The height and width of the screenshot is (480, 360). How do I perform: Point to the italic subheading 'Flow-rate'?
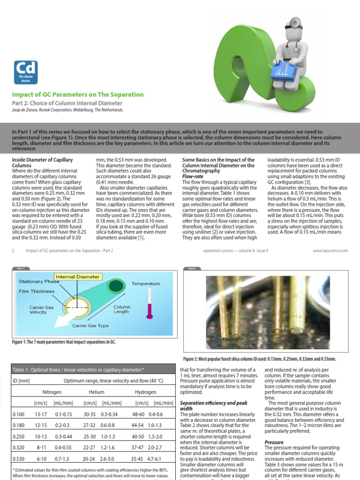pyautogui.click(x=192, y=177)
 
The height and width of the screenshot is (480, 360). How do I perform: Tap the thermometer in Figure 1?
pyautogui.click(x=150, y=305)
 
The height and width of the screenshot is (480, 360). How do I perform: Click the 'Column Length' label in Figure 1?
pyautogui.click(x=122, y=309)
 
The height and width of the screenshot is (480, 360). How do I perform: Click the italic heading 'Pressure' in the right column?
pyautogui.click(x=274, y=442)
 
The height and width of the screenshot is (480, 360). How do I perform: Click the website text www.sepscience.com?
pyautogui.click(x=331, y=251)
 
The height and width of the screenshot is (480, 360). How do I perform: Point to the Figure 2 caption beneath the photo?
pyautogui.click(x=265, y=359)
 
